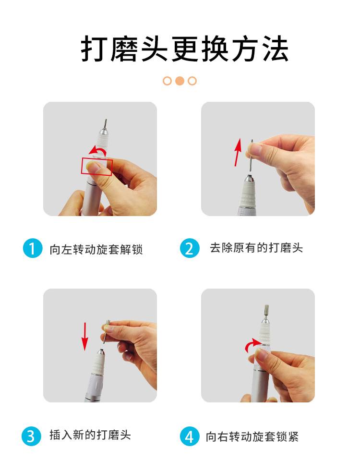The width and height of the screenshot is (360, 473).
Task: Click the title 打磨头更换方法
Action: point(184,49)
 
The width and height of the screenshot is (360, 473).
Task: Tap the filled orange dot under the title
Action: point(180,81)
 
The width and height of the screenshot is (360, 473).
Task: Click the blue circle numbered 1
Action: point(33,248)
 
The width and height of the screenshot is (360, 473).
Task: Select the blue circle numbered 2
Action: point(190,248)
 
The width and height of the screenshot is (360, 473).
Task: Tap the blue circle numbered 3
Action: point(31,436)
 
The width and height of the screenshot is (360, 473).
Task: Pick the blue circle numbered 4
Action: point(190,436)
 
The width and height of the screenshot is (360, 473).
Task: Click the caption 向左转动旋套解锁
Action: point(96,250)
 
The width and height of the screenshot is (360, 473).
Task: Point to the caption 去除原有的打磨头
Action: point(256,248)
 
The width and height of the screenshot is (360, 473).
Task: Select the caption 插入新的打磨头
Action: point(90,435)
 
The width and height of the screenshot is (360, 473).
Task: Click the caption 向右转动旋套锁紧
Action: point(252,437)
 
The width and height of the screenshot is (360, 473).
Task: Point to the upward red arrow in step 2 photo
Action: point(238,152)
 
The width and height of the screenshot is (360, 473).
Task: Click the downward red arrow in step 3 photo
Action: point(85,336)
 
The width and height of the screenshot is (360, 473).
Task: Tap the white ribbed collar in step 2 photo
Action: point(248,193)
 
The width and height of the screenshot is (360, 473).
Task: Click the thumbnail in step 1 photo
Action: point(94,166)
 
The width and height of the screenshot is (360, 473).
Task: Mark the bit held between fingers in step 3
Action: point(106,331)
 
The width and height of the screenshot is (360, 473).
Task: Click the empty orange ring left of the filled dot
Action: point(168,81)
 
